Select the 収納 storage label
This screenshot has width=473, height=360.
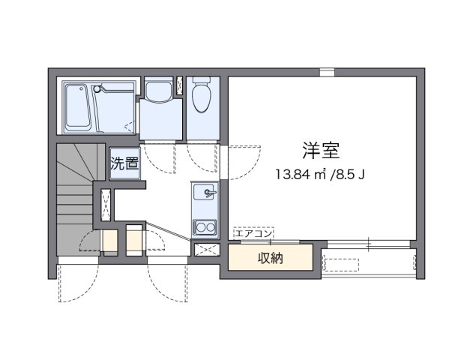(271, 259)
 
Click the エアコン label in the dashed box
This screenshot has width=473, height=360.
(253, 233)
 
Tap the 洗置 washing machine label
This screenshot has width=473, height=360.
(125, 164)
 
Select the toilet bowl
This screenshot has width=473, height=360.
(200, 95)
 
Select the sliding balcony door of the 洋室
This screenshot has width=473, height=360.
(368, 244)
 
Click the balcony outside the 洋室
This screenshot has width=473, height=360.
(368, 263)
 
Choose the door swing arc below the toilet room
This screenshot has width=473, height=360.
(201, 157)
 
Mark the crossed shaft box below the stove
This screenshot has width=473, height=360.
(203, 250)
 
